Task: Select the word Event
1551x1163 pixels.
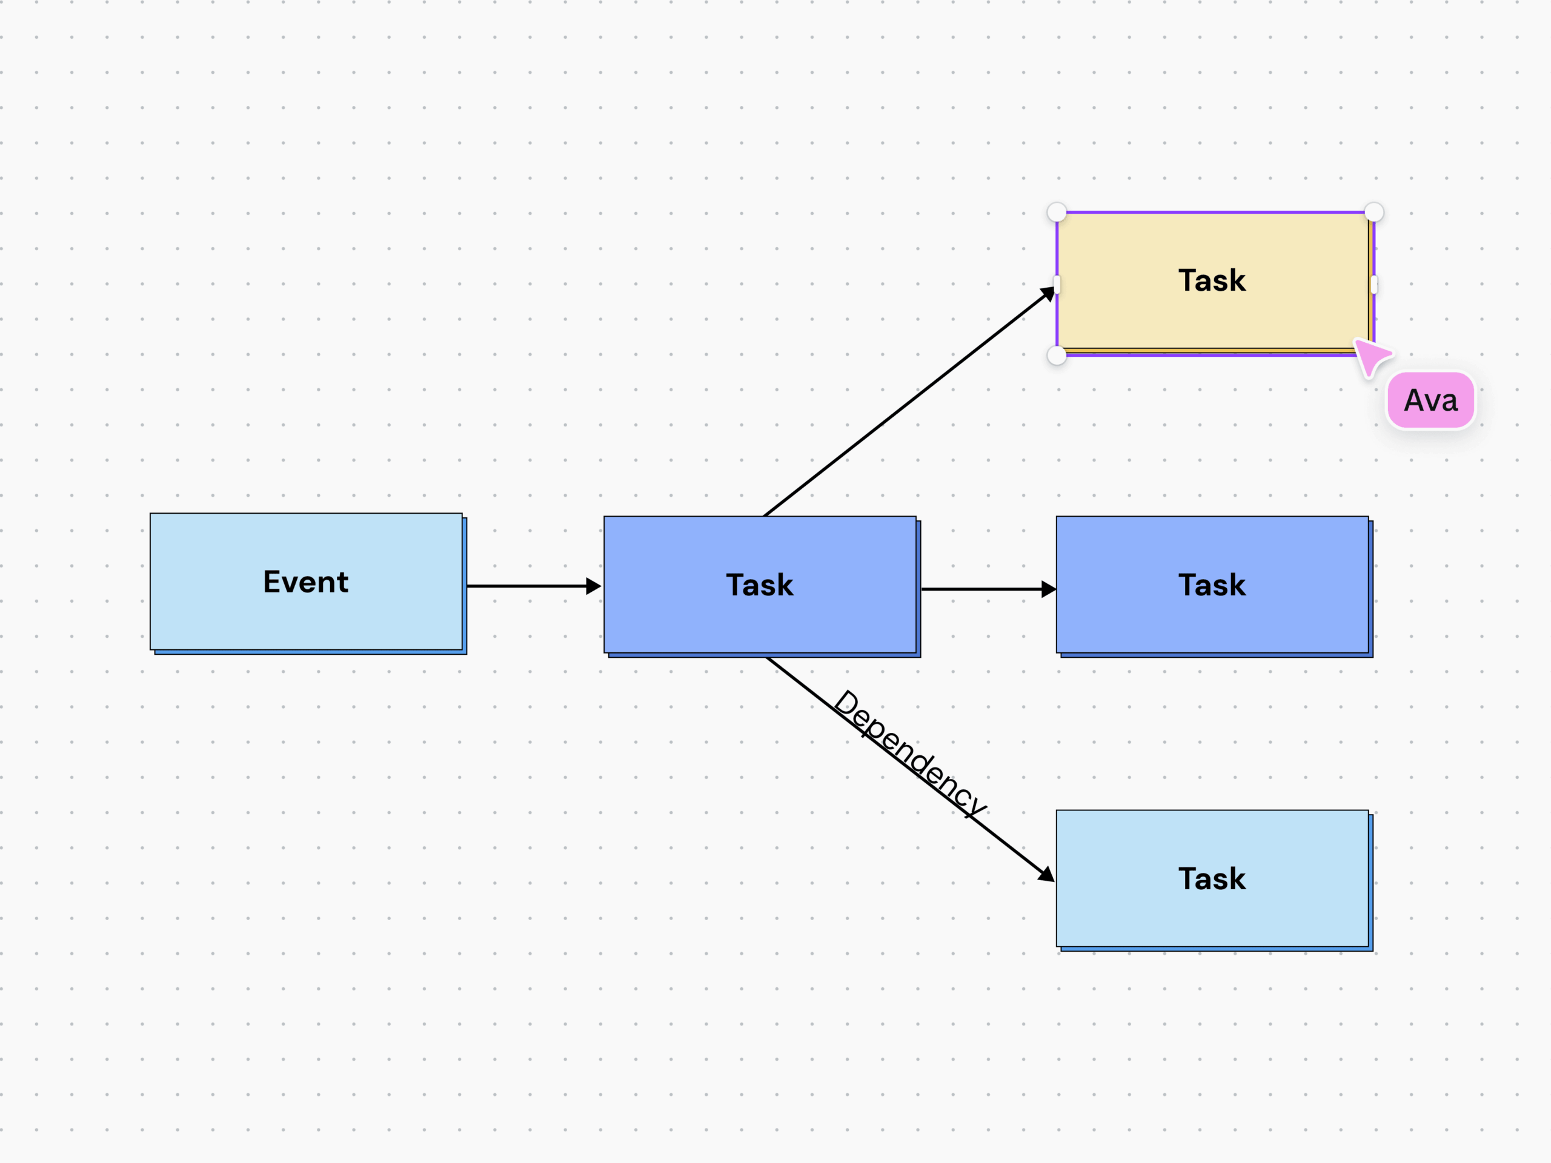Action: click(x=306, y=582)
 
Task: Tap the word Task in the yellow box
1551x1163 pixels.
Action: click(x=1212, y=280)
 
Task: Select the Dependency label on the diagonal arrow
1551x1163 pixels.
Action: click(x=910, y=754)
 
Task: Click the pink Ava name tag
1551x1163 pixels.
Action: click(x=1430, y=400)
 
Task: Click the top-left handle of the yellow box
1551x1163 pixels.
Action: click(x=1057, y=212)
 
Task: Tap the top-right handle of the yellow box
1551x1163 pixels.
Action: click(x=1374, y=212)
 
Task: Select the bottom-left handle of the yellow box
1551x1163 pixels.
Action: click(x=1057, y=356)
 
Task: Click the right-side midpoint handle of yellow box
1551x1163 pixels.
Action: click(x=1374, y=285)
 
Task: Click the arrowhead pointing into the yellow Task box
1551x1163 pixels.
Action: click(x=1048, y=294)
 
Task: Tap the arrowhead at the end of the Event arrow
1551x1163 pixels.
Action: click(x=594, y=586)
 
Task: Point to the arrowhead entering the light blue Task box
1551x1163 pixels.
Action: click(x=1046, y=874)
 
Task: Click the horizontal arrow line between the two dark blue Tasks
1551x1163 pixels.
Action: click(x=989, y=589)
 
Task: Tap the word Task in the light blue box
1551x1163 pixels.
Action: click(x=1212, y=879)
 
